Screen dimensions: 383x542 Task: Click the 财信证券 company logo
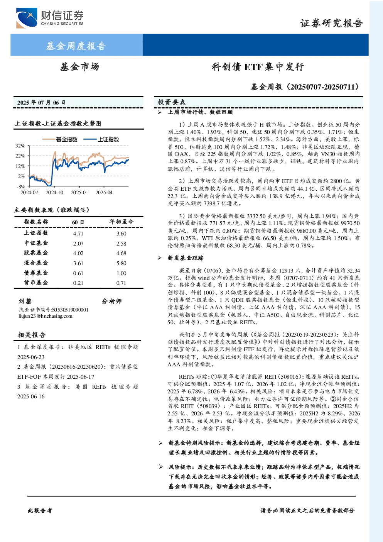pos(50,18)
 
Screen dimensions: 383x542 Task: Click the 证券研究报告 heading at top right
pos(331,24)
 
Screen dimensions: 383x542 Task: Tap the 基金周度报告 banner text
pos(76,46)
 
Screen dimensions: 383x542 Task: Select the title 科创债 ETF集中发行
pos(258,67)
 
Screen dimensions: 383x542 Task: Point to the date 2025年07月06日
pos(41,103)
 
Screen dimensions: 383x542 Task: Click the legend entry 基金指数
pos(60,139)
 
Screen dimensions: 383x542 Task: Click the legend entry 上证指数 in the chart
pos(101,139)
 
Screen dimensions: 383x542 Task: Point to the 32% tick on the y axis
pos(20,146)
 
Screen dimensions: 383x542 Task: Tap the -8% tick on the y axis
pos(21,186)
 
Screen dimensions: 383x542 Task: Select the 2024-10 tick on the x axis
pos(54,192)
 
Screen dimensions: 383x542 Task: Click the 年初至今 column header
pos(121,222)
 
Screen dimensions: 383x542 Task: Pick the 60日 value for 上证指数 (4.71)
pos(78,234)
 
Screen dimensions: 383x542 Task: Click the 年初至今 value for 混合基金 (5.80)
pos(121,263)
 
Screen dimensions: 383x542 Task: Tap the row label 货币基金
pos(36,283)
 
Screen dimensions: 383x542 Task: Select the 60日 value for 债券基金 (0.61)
pos(78,273)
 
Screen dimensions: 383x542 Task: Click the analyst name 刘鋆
pos(25,301)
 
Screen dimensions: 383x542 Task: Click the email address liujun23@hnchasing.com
pos(45,316)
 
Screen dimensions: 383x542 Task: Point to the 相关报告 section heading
pos(32,335)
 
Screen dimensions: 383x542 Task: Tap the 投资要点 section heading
pos(171,102)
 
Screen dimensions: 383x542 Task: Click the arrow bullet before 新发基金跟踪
pos(160,258)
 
